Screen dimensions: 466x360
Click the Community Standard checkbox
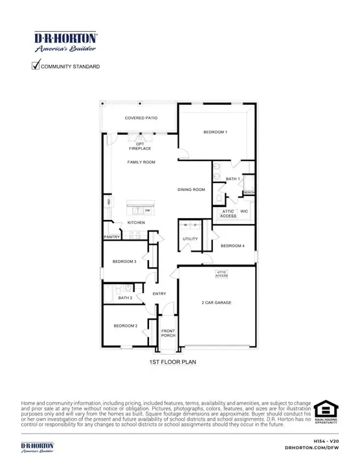(x=36, y=65)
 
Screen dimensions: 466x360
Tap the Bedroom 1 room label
(x=216, y=132)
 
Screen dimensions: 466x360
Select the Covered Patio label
(x=141, y=118)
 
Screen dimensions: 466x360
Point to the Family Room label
(x=141, y=162)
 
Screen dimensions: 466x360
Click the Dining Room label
(x=192, y=190)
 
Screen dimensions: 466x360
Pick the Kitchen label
(x=136, y=223)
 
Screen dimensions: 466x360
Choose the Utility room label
(x=190, y=239)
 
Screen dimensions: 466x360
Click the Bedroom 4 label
(x=232, y=246)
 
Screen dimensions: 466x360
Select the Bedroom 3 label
(x=124, y=261)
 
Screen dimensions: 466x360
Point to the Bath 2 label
(x=125, y=298)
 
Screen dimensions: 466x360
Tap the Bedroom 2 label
(x=126, y=326)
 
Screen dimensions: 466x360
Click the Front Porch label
(x=168, y=333)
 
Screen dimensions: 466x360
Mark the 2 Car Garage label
(x=217, y=302)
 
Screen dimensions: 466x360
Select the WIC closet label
(x=244, y=211)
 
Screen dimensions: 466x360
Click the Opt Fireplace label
(x=141, y=146)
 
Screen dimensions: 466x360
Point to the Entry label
(x=159, y=294)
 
